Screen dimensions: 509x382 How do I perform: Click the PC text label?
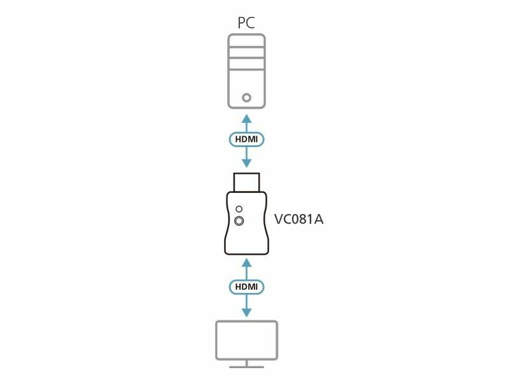(x=246, y=22)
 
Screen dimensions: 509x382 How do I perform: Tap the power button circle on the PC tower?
(x=246, y=97)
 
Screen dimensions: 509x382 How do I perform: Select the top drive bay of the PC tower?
(x=246, y=41)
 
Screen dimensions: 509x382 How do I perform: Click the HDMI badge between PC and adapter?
(x=246, y=139)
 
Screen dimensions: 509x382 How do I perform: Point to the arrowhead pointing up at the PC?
(x=247, y=118)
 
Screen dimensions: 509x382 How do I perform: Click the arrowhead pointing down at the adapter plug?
(x=247, y=163)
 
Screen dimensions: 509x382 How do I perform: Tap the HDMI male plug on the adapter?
(x=246, y=182)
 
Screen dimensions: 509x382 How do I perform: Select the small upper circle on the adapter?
(x=239, y=209)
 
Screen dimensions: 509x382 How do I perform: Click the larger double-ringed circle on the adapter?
(x=239, y=221)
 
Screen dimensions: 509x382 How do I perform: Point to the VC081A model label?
(x=298, y=219)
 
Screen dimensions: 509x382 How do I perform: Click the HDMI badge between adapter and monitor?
(x=246, y=287)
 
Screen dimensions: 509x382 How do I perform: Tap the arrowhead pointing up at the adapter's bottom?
(x=247, y=263)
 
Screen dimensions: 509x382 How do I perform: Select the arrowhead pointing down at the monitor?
(x=247, y=312)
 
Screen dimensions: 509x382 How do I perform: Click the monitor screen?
(x=247, y=340)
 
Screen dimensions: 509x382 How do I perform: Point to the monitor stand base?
(x=246, y=367)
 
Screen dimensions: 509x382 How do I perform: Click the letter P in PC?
(x=242, y=23)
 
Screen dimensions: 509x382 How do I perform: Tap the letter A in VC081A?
(x=319, y=220)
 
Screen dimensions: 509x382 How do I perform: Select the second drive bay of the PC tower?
(x=246, y=53)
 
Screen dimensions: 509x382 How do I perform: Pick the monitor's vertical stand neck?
(x=246, y=363)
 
